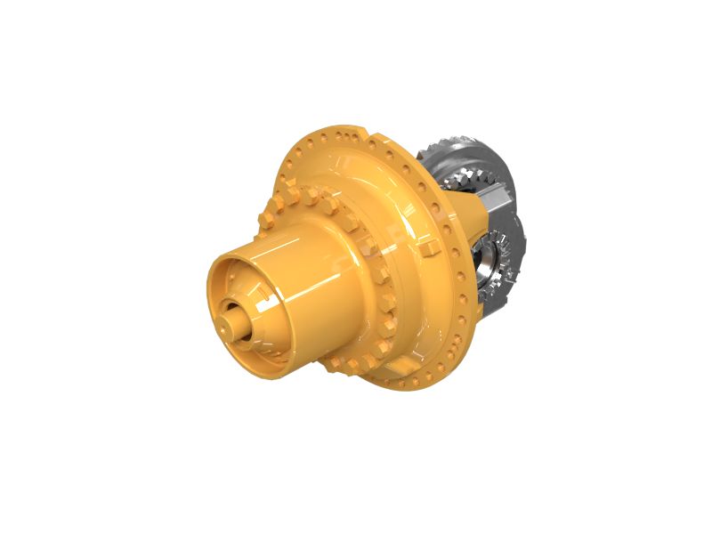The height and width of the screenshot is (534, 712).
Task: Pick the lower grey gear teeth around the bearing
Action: [511, 267]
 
